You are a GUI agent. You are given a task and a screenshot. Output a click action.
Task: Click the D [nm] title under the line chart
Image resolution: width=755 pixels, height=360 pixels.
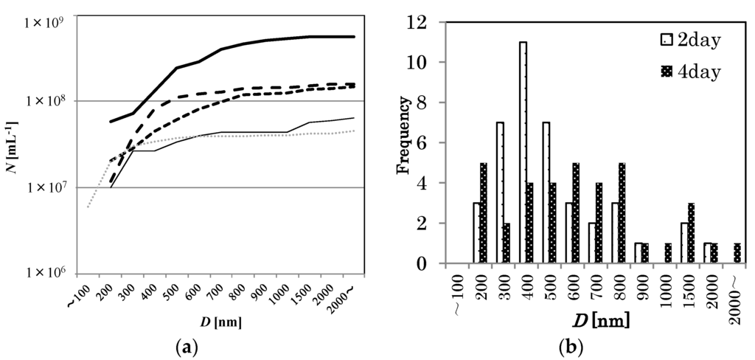[220, 322]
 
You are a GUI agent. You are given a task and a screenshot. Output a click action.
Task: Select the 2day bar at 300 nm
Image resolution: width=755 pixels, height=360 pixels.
[500, 193]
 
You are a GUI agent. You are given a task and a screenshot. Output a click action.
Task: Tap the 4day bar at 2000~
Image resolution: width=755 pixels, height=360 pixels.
[737, 253]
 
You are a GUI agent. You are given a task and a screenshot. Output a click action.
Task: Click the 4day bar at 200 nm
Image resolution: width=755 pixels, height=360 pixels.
[484, 213]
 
